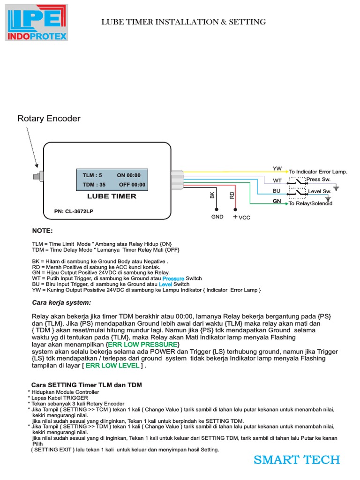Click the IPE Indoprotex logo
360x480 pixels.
[x=37, y=22]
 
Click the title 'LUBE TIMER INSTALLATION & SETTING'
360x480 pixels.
[x=184, y=22]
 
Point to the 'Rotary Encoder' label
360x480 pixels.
[x=49, y=119]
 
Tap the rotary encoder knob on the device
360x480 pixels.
[x=37, y=177]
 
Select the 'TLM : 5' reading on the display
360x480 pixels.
[x=92, y=175]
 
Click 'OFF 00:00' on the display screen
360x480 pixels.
[x=132, y=185]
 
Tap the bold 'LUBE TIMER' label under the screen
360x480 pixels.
[x=112, y=196]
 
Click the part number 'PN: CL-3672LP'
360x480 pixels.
[x=74, y=211]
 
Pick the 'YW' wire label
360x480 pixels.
[x=277, y=168]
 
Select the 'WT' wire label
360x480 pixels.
[x=277, y=180]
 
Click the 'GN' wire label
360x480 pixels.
[x=277, y=201]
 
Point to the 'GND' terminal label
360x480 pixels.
[x=217, y=217]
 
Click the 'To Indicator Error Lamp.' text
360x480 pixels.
[x=318, y=172]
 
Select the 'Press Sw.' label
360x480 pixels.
[x=319, y=180]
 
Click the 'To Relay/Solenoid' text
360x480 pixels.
[x=310, y=203]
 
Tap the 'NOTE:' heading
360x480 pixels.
[x=42, y=231]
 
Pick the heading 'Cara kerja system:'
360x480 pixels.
[x=61, y=302]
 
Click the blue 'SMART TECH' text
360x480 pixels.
[x=297, y=460]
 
